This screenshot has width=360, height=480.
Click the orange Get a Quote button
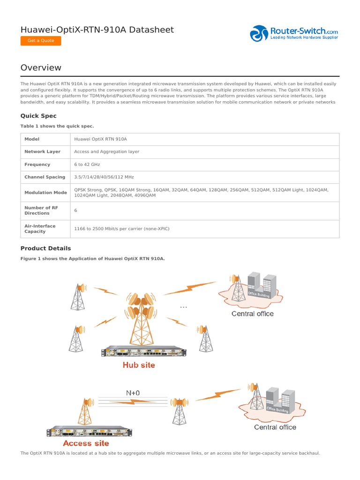[41, 41]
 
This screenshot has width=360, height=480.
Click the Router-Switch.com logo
[294, 33]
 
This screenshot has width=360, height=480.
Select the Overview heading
[41, 67]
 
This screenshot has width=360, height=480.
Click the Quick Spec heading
[38, 116]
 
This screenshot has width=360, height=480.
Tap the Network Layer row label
[42, 152]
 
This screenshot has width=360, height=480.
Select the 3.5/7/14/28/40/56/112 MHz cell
[104, 177]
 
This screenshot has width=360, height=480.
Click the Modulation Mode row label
[45, 193]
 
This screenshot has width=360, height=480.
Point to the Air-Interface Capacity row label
[40, 229]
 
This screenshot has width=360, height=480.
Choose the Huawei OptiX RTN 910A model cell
[101, 139]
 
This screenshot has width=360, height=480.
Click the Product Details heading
[45, 248]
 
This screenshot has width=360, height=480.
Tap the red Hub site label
[139, 365]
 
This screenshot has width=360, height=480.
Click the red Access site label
[86, 443]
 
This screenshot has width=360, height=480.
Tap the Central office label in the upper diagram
[252, 314]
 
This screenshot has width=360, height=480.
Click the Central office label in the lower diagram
[275, 427]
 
